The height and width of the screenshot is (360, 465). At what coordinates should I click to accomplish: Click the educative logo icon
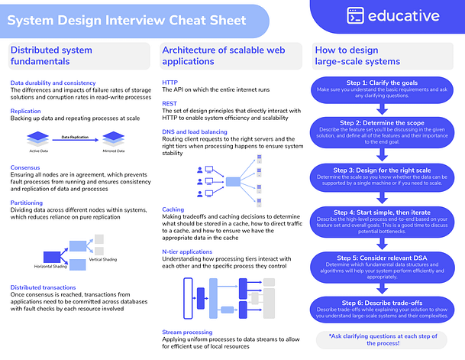click(x=355, y=15)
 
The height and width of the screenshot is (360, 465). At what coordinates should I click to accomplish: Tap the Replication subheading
click(x=26, y=111)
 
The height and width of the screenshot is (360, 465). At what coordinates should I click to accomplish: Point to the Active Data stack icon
click(x=38, y=138)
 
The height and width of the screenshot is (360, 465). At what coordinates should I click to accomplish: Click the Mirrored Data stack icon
click(x=113, y=138)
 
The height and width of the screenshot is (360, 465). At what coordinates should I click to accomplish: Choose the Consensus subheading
click(x=26, y=167)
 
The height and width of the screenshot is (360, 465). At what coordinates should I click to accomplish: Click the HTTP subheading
click(x=170, y=82)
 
